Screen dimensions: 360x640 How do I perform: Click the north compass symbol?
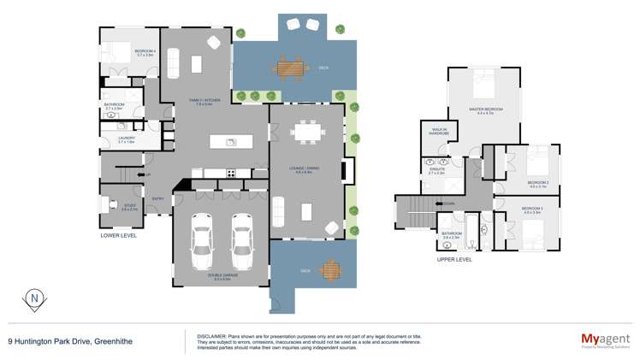33,298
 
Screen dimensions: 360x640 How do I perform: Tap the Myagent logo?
604,339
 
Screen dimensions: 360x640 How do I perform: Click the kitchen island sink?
231,142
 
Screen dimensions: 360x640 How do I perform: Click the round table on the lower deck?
329,271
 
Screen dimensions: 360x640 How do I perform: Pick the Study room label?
129,206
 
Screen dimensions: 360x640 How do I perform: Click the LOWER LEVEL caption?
118,234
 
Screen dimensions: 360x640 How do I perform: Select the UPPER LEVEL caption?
454,258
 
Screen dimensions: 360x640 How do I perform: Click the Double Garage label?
219,277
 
